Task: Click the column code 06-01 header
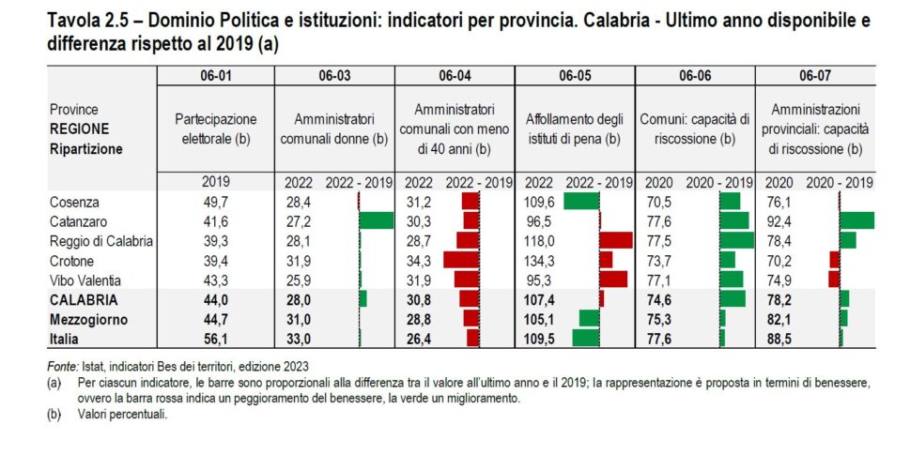point(216,75)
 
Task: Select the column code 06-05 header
point(575,75)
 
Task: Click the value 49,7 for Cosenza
point(216,201)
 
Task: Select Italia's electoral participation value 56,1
point(216,339)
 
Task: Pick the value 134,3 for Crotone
point(539,260)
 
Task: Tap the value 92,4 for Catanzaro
point(781,220)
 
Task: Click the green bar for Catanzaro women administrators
point(377,220)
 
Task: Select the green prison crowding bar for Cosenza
point(581,201)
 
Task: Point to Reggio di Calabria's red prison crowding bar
point(616,240)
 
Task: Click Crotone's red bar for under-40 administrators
point(461,260)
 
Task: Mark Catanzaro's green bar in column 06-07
point(856,220)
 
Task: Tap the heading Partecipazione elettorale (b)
point(216,129)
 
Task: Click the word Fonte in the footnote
point(63,366)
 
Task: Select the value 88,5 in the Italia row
point(781,339)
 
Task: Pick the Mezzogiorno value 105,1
point(539,319)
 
